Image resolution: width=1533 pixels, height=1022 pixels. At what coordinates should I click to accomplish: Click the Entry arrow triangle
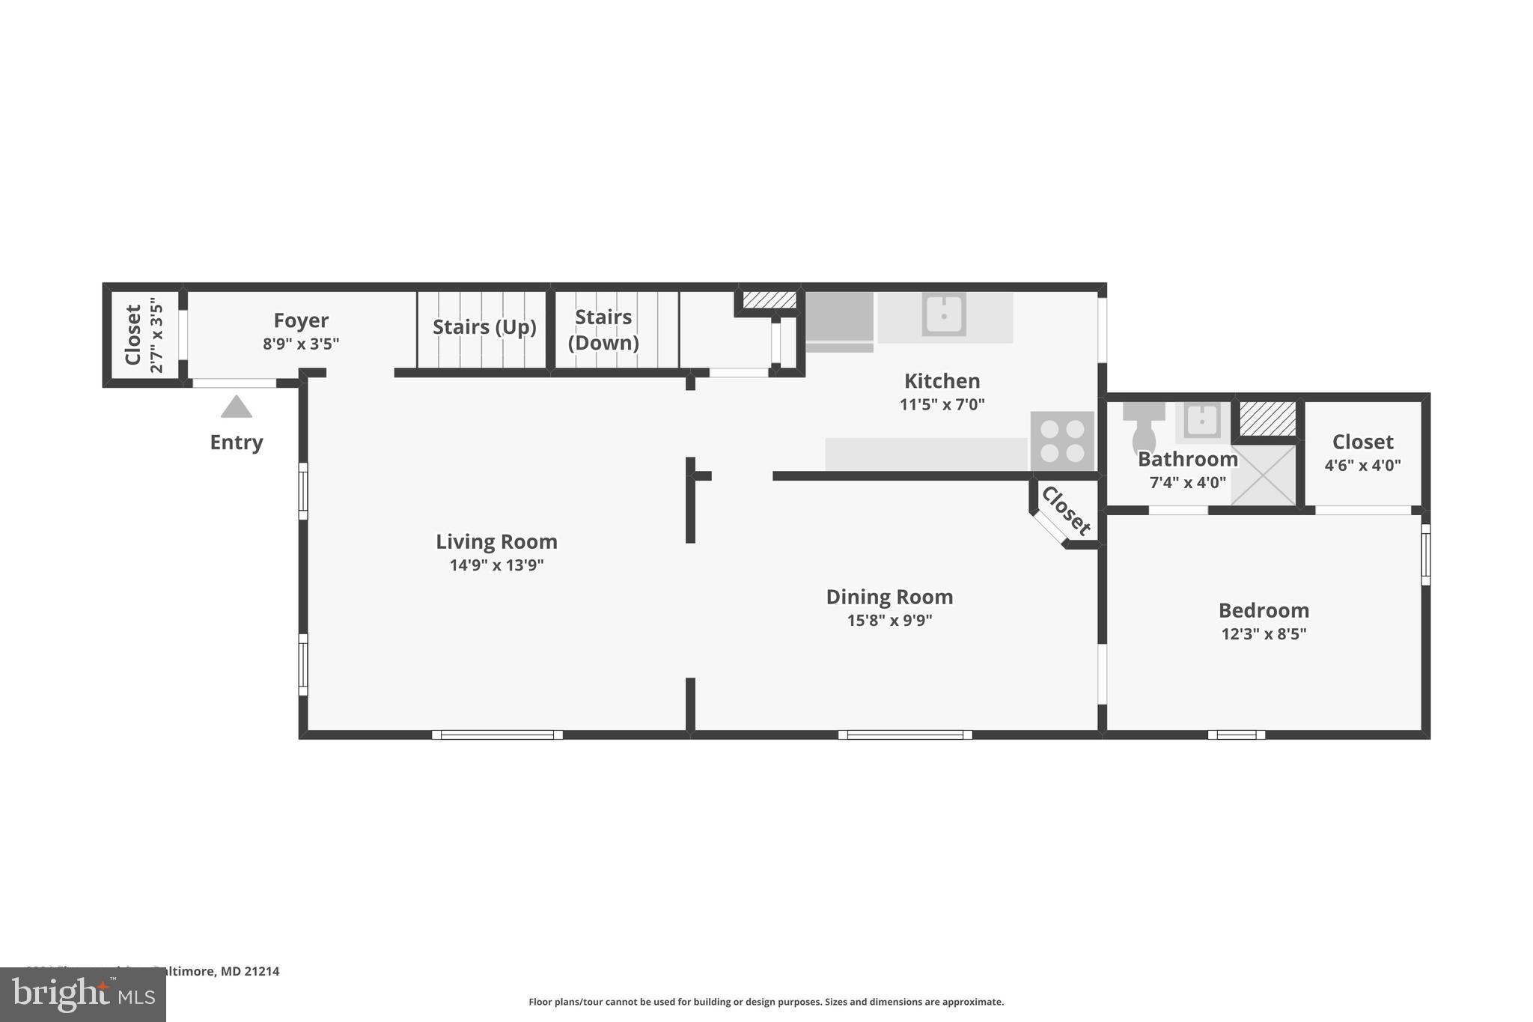click(237, 407)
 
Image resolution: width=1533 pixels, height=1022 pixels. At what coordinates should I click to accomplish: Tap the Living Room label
click(496, 541)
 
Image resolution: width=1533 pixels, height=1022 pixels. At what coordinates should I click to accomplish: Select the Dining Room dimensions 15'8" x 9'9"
click(889, 620)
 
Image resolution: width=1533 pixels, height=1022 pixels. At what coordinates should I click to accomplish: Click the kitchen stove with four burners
click(1062, 441)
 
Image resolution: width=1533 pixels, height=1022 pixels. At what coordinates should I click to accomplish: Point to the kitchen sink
click(944, 314)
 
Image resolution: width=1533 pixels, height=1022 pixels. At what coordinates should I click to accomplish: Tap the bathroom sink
click(1201, 422)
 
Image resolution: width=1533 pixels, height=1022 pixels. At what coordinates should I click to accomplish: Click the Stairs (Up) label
click(484, 327)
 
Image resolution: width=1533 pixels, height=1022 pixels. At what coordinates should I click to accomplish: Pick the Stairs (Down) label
click(603, 329)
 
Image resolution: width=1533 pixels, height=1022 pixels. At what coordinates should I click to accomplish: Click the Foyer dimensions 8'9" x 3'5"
click(301, 344)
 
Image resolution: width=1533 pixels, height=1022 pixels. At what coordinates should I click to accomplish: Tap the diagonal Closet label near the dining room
click(1066, 511)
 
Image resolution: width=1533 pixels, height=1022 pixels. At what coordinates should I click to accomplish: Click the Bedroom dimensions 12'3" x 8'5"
click(1264, 634)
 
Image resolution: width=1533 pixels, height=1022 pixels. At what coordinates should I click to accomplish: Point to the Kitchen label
click(942, 381)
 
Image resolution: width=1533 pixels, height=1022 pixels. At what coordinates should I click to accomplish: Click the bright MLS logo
click(82, 994)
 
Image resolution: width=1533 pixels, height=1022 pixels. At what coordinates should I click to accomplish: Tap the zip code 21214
click(264, 972)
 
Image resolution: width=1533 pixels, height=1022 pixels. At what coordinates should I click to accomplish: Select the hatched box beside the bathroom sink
click(1267, 419)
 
